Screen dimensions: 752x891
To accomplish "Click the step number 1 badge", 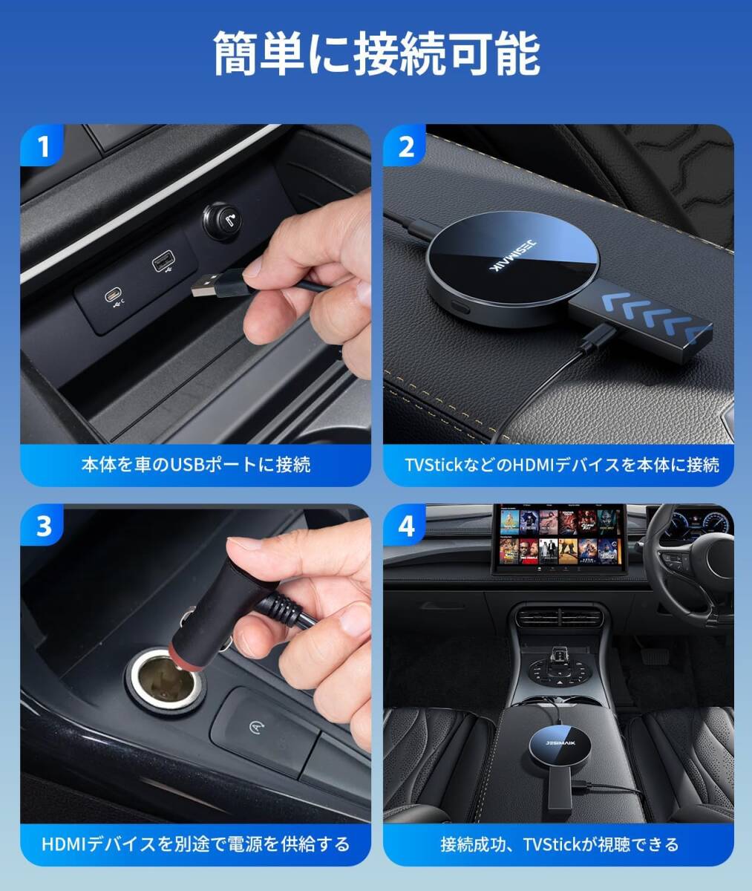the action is pos(42,146).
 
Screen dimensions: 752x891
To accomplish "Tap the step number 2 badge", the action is pos(405,146).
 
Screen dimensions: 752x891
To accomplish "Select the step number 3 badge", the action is pos(42,526).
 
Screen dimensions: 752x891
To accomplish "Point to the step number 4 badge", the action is pos(405,526).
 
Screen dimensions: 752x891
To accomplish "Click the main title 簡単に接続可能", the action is pos(376,54).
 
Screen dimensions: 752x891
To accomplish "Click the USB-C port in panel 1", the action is pos(113,295).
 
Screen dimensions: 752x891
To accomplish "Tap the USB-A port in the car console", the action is pos(163,261).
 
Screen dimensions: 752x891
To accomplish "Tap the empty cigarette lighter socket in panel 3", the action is pos(163,682).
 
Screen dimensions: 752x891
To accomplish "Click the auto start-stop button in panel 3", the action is pos(264,727).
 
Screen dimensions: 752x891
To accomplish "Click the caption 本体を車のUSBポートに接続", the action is pos(196,465).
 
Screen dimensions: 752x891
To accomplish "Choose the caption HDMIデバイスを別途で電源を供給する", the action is pos(196,844).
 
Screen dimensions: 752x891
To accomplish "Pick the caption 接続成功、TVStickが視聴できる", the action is pos(560,844).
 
